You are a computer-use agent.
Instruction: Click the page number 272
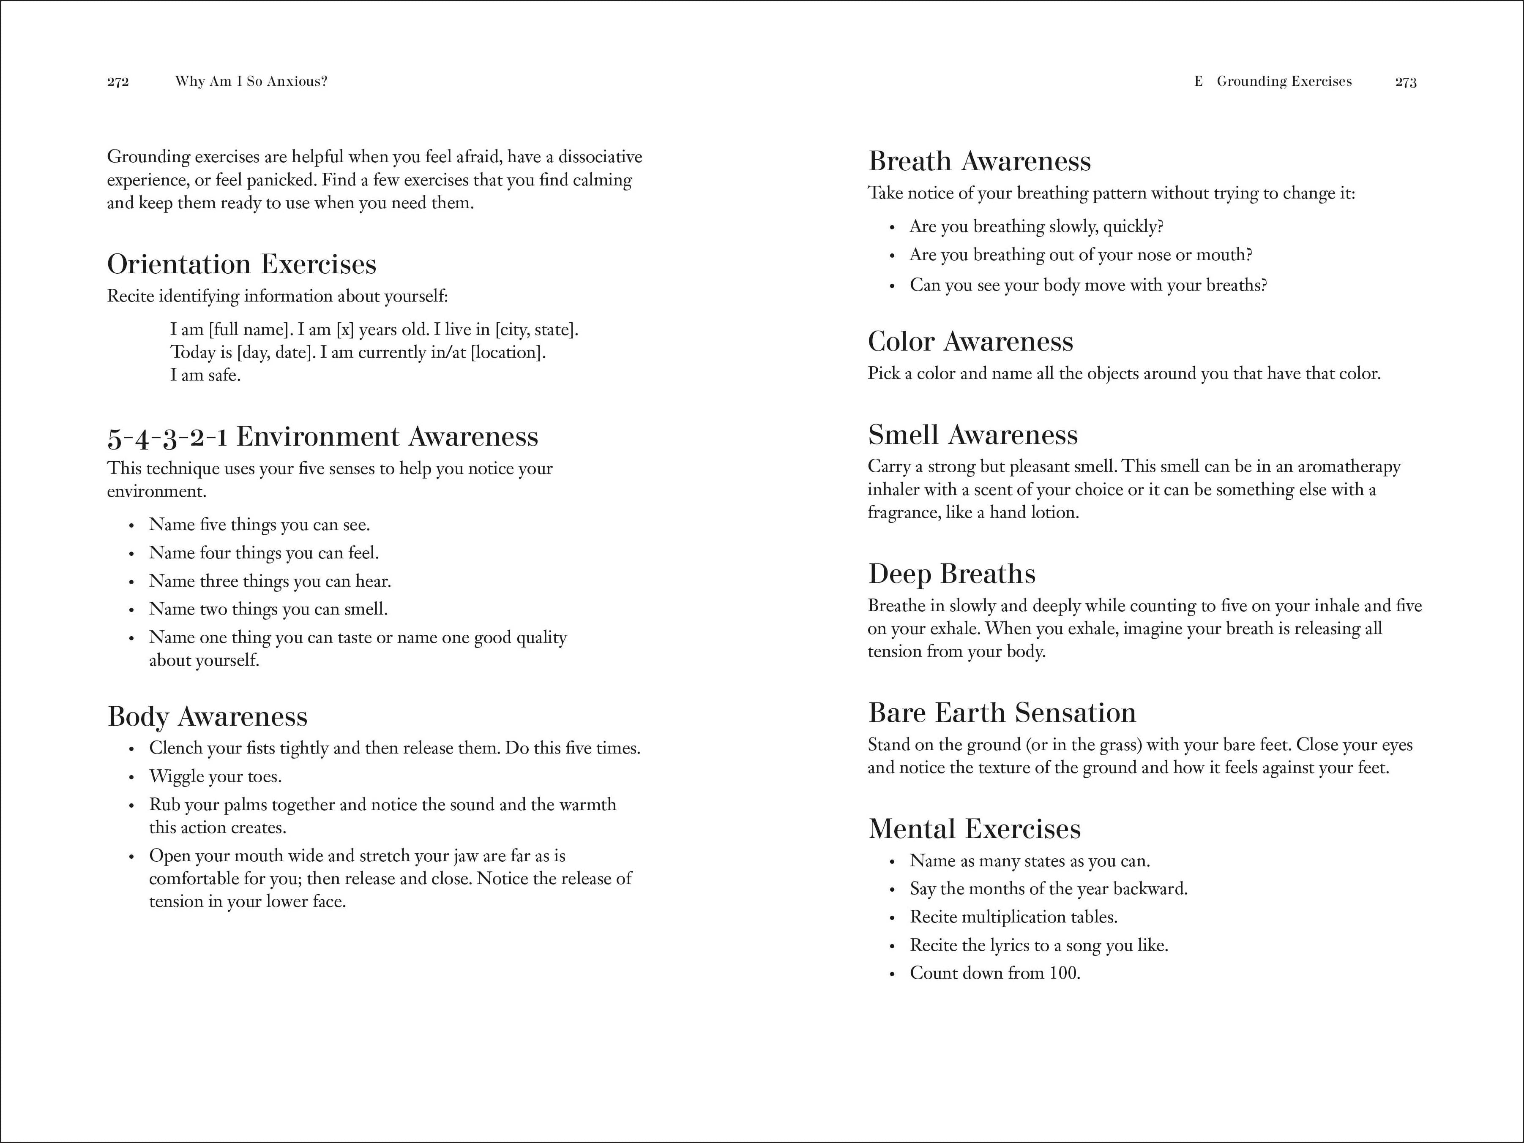118,82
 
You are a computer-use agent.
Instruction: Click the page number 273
1406,82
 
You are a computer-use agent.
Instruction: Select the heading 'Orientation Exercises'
242,264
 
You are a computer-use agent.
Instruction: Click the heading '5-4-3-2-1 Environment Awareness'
322,436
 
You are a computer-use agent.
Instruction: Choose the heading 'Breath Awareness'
979,161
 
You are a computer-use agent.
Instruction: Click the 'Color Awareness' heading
970,342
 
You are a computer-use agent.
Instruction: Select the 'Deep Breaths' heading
951,574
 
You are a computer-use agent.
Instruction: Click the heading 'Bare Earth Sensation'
1002,713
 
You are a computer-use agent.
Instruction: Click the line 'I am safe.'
205,375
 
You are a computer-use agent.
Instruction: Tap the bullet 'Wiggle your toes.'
215,777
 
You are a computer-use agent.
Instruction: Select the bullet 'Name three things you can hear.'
269,581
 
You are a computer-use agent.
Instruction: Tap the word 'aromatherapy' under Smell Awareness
1349,467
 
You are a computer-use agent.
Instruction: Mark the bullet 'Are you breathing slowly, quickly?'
1036,226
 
